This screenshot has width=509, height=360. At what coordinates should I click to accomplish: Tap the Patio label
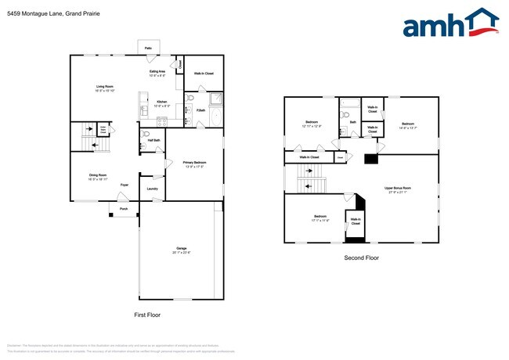point(148,49)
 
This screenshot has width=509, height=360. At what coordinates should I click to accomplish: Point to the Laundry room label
point(152,188)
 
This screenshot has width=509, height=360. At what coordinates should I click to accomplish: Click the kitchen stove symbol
point(162,121)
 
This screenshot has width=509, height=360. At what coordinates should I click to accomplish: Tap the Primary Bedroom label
point(193,163)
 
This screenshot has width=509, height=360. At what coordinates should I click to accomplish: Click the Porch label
point(123,209)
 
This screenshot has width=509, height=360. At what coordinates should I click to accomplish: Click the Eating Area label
point(157,72)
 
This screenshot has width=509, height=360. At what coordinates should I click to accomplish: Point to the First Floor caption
point(146,314)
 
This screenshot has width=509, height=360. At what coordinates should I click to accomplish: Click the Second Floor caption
point(361,257)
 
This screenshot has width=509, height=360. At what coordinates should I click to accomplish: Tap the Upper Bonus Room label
point(398,189)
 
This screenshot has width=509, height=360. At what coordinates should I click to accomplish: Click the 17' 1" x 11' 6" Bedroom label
point(320,217)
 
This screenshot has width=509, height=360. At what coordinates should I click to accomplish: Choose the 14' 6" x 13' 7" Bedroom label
point(407,124)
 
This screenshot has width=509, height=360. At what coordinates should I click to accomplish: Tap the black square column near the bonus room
point(370,160)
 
